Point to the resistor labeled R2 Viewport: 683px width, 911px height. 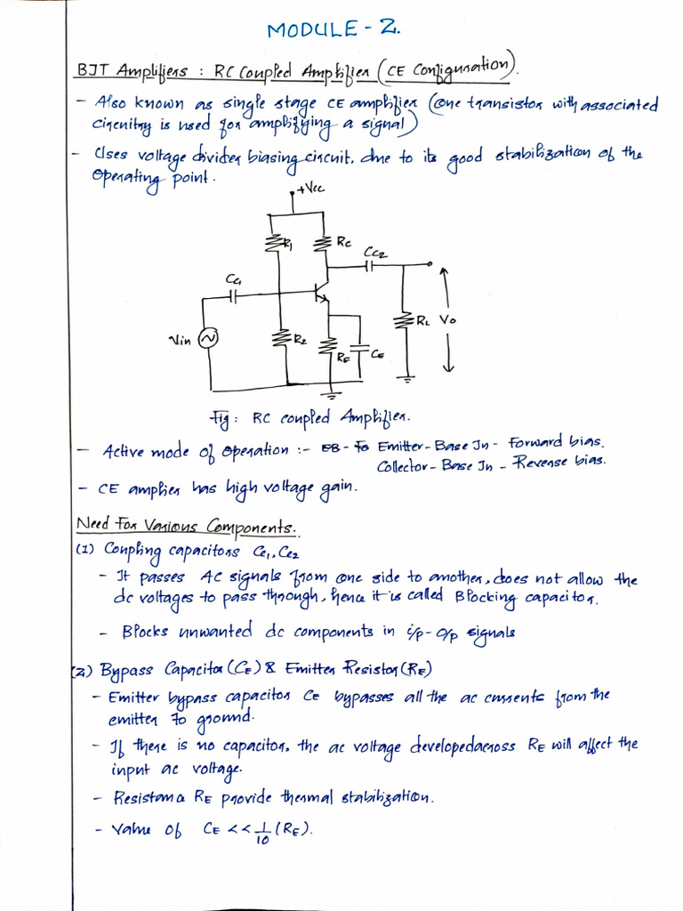(x=282, y=339)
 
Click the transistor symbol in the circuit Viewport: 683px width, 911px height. (x=321, y=294)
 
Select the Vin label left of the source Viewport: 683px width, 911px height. (x=181, y=339)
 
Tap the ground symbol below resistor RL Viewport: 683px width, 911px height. (x=408, y=376)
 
